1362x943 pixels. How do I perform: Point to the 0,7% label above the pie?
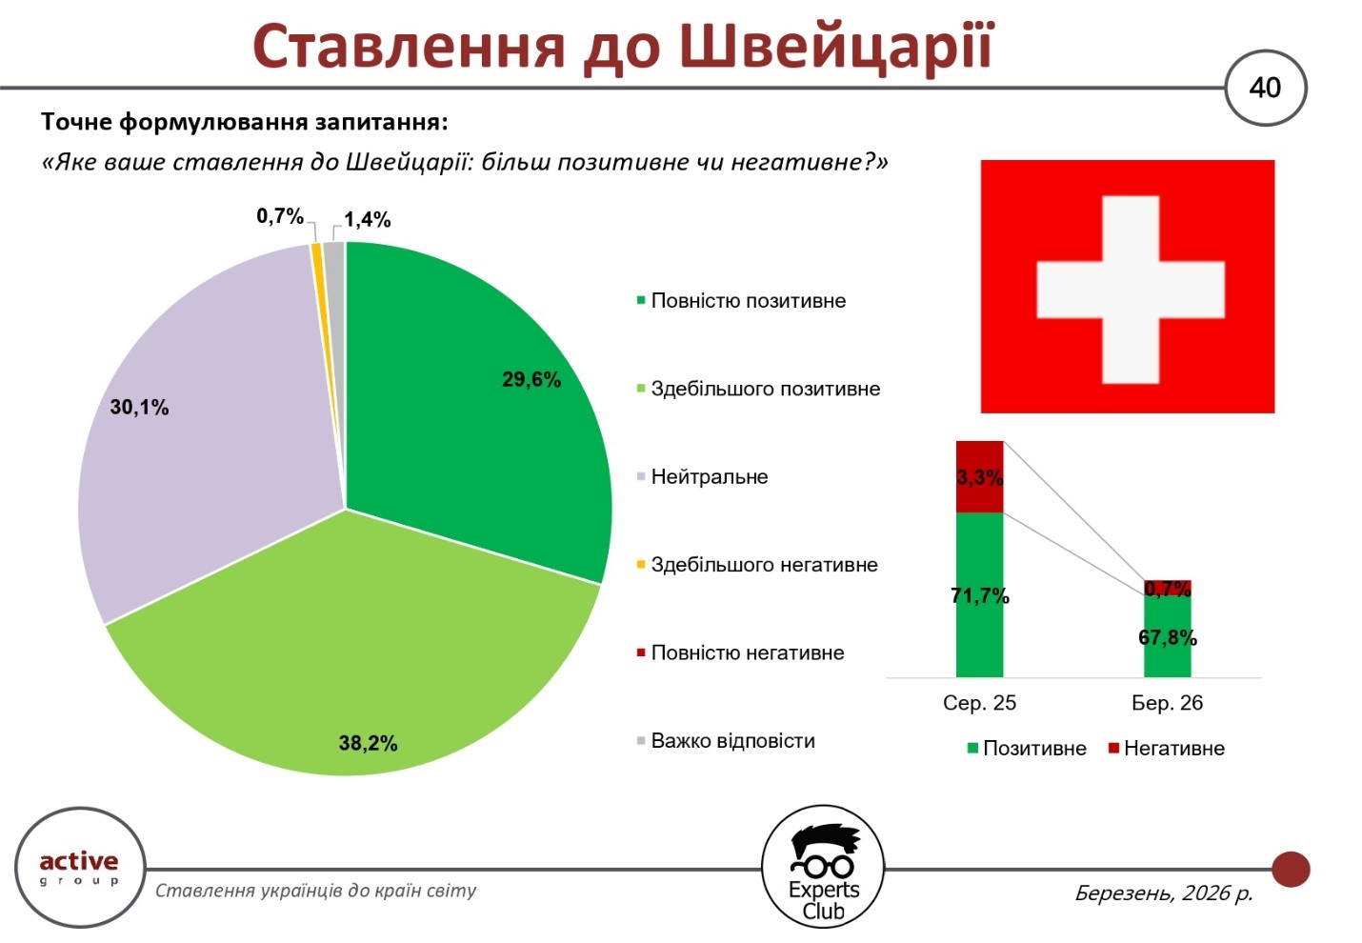click(280, 216)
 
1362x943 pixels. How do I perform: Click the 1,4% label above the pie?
click(368, 220)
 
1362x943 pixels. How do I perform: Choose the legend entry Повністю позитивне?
click(748, 301)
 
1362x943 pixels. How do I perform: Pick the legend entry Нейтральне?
click(709, 477)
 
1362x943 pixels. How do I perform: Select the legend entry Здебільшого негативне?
click(764, 565)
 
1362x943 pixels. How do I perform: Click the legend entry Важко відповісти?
click(732, 741)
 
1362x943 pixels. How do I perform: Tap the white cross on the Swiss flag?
click(1130, 290)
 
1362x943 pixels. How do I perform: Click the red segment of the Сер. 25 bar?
click(980, 476)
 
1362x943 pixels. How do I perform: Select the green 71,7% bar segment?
click(980, 595)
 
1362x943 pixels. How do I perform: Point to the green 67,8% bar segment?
click(1168, 638)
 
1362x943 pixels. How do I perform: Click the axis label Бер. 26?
click(1168, 703)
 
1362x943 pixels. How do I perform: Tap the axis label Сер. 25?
click(979, 703)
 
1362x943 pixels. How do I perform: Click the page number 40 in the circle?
click(1265, 88)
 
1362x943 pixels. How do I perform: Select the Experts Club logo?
click(824, 867)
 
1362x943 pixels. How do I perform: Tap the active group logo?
click(79, 867)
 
